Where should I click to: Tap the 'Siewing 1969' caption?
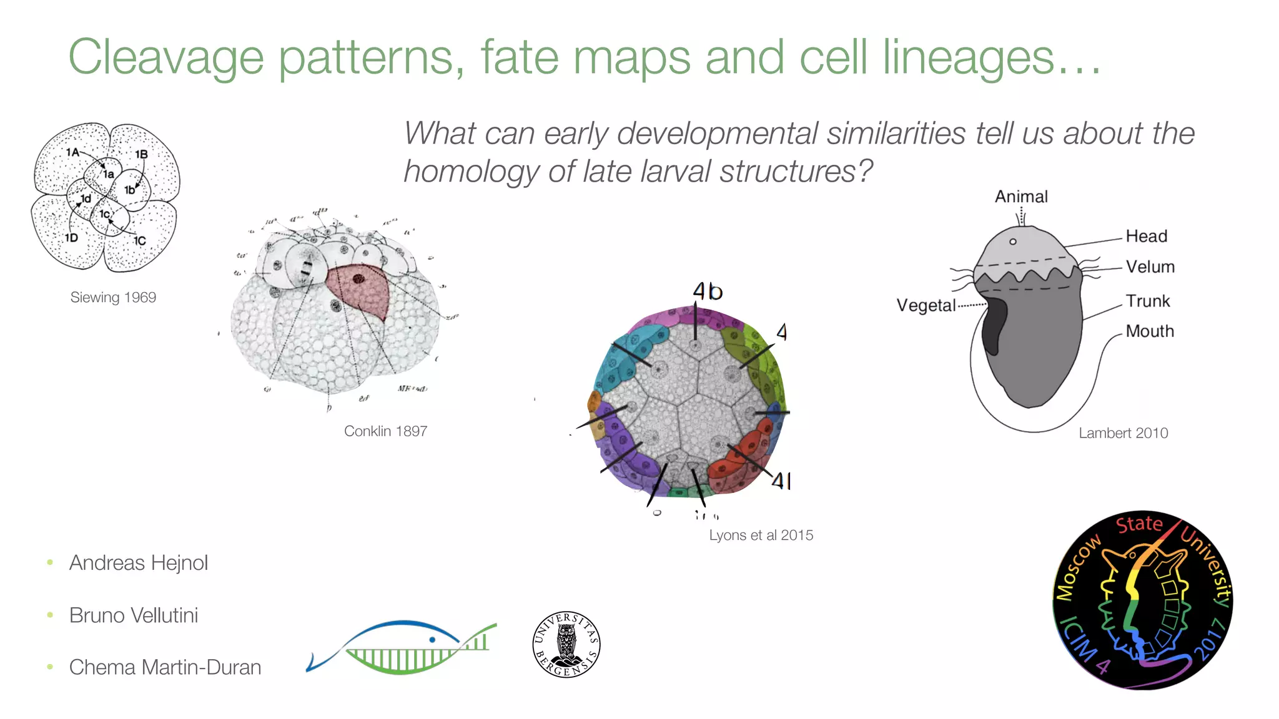click(x=113, y=298)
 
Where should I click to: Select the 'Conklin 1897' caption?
click(x=385, y=431)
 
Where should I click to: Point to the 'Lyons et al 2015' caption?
click(x=761, y=536)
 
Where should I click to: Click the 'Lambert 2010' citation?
click(x=1123, y=433)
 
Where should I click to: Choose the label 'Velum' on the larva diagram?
click(x=1150, y=267)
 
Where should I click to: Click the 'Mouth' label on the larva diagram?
click(x=1149, y=331)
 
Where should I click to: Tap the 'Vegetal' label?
click(x=926, y=306)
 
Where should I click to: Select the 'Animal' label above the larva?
click(x=1021, y=197)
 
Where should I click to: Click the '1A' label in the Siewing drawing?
click(x=72, y=152)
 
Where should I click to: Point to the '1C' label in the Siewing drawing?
click(x=140, y=240)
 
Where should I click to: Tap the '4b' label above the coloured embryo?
click(x=708, y=291)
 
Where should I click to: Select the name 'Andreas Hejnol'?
click(x=138, y=563)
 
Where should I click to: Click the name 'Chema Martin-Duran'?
click(x=165, y=667)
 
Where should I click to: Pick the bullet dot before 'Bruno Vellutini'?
click(x=50, y=615)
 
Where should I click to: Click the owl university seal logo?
click(x=566, y=644)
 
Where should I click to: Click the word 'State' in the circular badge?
click(x=1139, y=524)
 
